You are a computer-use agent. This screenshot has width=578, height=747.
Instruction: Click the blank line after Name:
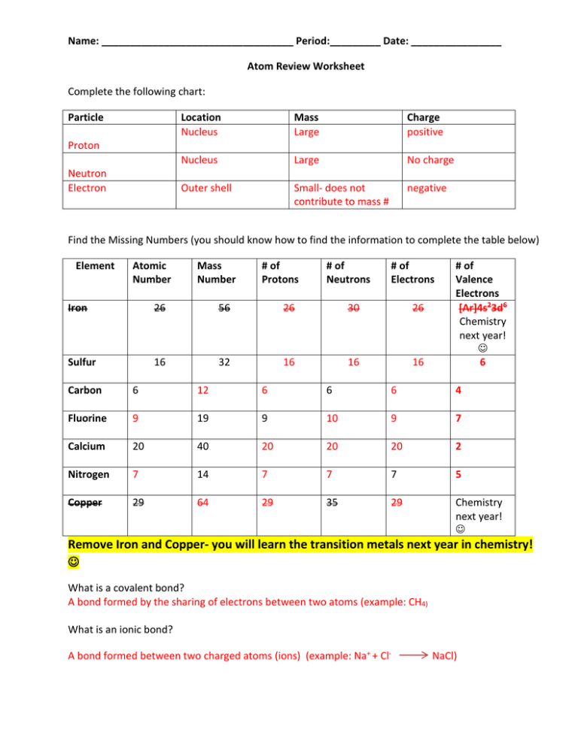[x=197, y=41]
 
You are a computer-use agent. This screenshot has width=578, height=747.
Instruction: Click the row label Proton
[x=84, y=146]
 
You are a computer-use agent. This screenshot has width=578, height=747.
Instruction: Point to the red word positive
[x=425, y=132]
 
